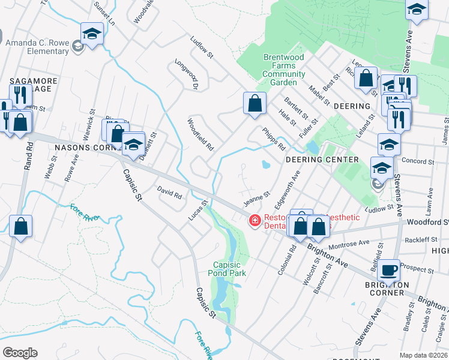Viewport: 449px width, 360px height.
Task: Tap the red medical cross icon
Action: tap(255, 222)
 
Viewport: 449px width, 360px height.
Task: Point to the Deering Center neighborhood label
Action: tap(322, 160)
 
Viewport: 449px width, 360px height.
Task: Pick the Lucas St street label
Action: tap(197, 211)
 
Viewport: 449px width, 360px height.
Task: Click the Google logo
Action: tap(20, 352)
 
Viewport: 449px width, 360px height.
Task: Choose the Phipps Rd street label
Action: tap(273, 138)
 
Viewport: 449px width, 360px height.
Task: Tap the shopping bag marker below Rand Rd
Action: tap(20, 227)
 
